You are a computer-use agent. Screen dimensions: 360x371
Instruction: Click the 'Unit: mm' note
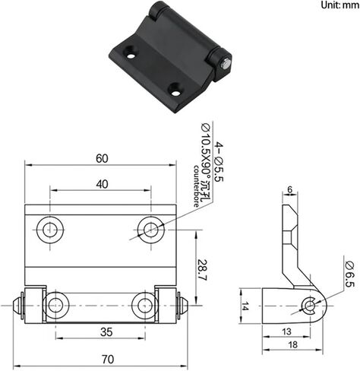[340, 5]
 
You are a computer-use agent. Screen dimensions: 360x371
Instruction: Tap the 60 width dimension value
[102, 159]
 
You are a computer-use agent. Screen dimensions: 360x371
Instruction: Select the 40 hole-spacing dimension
[102, 184]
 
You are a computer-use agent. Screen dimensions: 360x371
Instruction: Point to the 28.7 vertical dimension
[202, 270]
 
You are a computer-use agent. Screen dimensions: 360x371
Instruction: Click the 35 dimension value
[106, 332]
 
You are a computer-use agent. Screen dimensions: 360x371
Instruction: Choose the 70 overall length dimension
[108, 360]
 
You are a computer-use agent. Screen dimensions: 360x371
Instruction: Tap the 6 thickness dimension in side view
[290, 189]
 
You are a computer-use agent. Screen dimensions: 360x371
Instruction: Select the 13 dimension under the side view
[286, 331]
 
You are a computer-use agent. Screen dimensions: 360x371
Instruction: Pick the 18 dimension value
[292, 344]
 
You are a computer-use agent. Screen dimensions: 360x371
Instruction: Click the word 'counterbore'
[196, 186]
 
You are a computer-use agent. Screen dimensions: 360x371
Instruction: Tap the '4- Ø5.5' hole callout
[219, 162]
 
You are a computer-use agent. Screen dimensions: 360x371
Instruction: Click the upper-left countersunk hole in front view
[50, 230]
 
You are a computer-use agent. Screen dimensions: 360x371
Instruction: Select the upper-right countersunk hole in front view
[151, 230]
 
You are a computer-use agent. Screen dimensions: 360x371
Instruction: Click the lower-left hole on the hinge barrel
[55, 306]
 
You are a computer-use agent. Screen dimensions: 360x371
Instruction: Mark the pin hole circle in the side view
[309, 306]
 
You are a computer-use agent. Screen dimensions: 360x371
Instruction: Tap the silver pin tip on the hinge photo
[226, 63]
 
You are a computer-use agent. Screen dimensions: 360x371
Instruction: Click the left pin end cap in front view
[17, 306]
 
